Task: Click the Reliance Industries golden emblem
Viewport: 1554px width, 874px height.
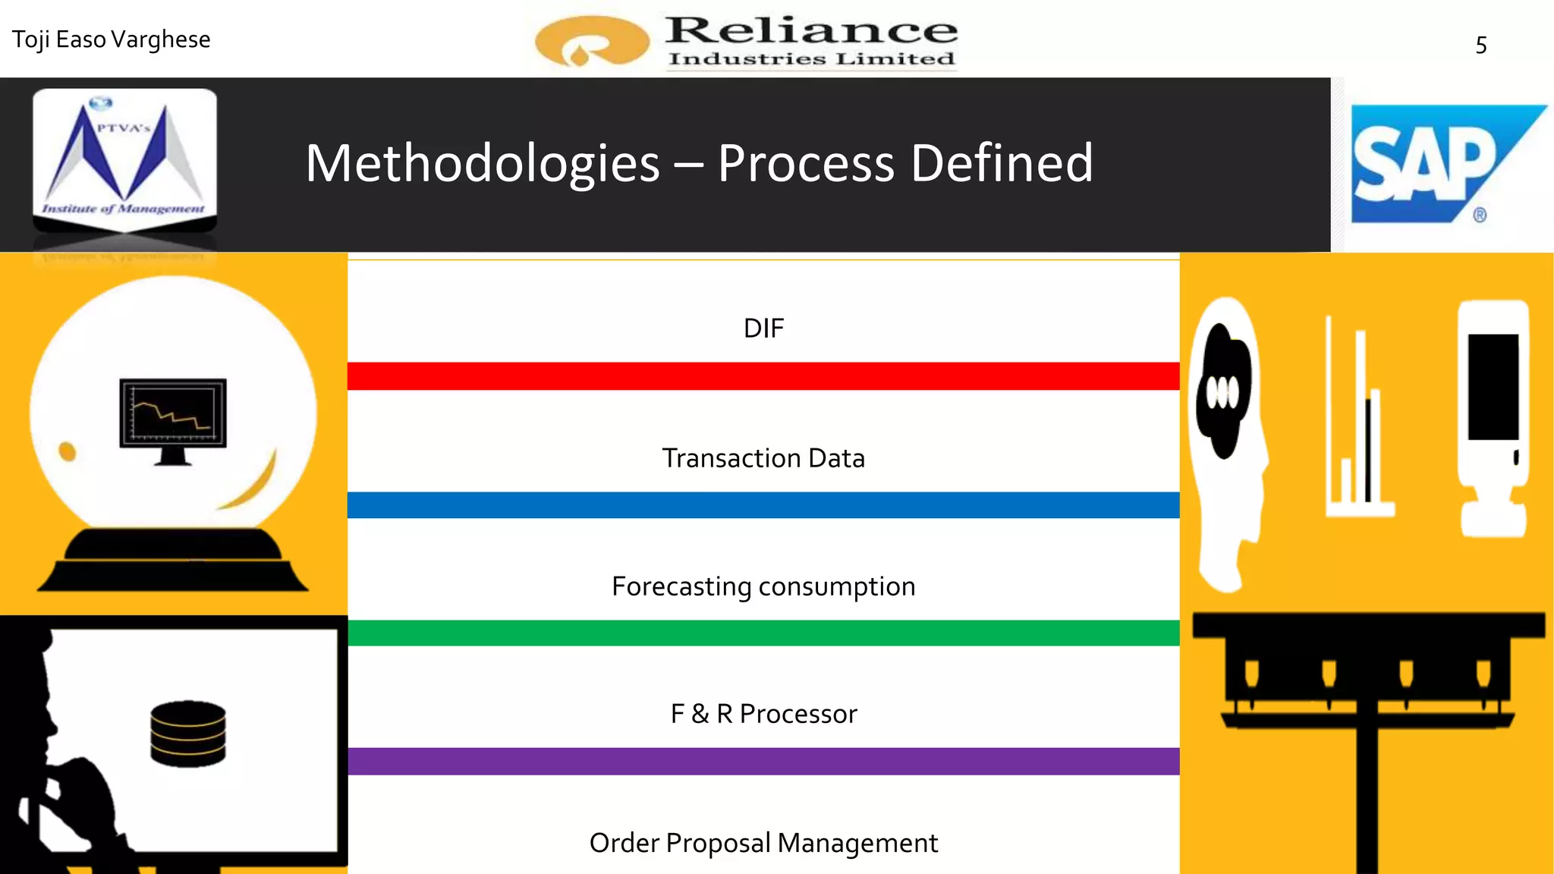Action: (x=591, y=41)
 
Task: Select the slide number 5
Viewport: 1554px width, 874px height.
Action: (x=1480, y=46)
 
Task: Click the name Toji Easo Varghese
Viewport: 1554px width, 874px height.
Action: (x=112, y=39)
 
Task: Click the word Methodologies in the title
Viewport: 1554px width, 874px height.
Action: (x=483, y=164)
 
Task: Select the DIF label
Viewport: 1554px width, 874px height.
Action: (x=763, y=329)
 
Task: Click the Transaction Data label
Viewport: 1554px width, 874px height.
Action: (x=763, y=458)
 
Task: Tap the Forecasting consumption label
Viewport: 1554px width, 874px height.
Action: (x=763, y=586)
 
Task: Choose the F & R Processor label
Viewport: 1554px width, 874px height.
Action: (x=763, y=714)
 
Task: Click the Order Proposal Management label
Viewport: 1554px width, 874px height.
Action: (x=763, y=843)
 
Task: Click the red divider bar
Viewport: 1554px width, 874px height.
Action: (x=763, y=376)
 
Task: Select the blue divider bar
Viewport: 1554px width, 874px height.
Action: (x=763, y=505)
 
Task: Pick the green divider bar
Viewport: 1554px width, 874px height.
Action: (x=763, y=633)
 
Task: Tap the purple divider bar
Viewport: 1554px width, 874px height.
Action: (x=763, y=761)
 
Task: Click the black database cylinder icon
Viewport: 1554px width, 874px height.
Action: (x=188, y=734)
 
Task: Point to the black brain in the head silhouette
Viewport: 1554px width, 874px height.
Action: (x=1223, y=391)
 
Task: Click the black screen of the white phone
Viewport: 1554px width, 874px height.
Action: (x=1493, y=387)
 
